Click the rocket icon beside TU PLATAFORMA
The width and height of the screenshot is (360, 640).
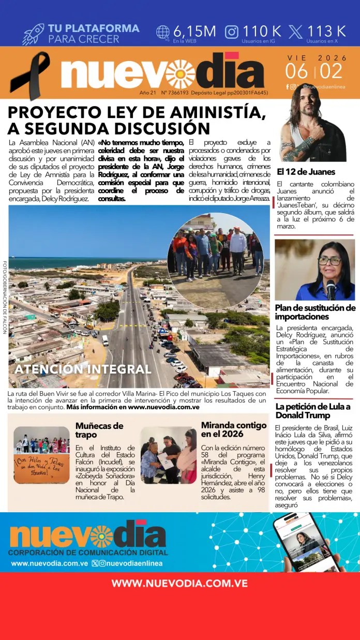click(33, 34)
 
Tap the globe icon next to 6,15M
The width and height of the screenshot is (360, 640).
click(163, 32)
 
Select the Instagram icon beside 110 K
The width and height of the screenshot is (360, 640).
click(232, 32)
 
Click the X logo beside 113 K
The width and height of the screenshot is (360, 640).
click(296, 32)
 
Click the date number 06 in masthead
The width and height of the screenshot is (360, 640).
click(297, 71)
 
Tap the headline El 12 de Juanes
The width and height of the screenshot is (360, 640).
click(306, 172)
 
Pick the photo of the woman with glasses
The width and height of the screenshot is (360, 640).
click(314, 270)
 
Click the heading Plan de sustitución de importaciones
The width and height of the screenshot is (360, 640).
click(314, 312)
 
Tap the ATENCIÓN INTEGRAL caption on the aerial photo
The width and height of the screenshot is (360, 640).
click(83, 369)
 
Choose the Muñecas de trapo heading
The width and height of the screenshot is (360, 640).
click(99, 430)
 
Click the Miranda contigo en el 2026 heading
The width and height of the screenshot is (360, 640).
click(234, 429)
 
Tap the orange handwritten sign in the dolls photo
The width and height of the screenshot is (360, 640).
click(41, 468)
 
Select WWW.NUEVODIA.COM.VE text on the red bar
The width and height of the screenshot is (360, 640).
click(179, 583)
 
